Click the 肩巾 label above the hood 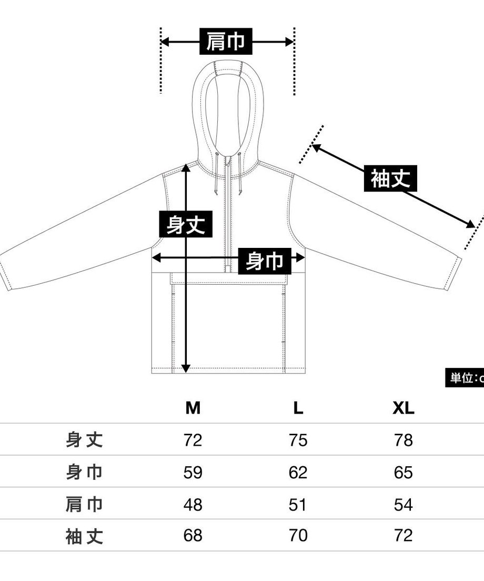(x=226, y=41)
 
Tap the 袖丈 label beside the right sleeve (x=390, y=178)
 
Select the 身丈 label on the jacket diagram (x=186, y=224)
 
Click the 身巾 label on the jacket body (x=265, y=261)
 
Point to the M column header (x=193, y=408)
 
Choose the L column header (x=298, y=408)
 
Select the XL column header (x=404, y=408)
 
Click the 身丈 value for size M (x=193, y=440)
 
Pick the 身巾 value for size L (x=298, y=473)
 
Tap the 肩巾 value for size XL (x=404, y=505)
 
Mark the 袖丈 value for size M (x=193, y=535)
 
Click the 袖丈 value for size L (x=298, y=535)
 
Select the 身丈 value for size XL (x=404, y=440)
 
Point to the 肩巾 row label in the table (x=84, y=505)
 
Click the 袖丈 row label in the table (x=84, y=536)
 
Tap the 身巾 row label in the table (x=84, y=473)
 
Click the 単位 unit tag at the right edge (x=465, y=378)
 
